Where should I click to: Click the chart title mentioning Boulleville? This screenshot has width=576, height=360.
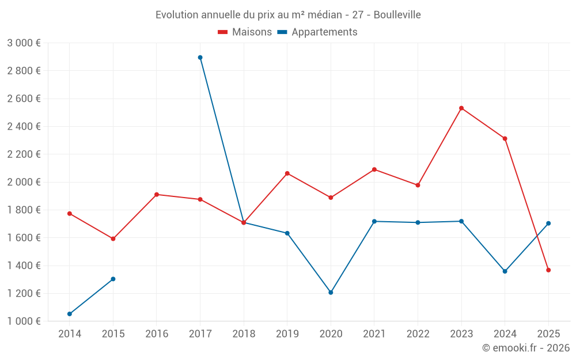pos(288,14)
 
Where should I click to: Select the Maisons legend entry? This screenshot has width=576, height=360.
pos(245,32)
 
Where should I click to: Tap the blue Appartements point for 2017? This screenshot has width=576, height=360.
pos(200,58)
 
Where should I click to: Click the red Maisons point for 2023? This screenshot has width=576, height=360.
pos(461,108)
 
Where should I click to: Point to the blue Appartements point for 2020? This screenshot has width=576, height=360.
pos(331,293)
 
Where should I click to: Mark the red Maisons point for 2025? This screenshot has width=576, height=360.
pos(548,270)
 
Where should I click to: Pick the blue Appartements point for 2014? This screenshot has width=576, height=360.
pos(70,314)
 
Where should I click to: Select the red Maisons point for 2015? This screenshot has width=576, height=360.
pos(113,238)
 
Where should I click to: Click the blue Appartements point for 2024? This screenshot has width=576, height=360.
pos(505,271)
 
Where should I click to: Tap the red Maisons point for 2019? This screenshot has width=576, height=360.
pos(287,173)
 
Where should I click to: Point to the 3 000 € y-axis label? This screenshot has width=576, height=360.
pos(24,43)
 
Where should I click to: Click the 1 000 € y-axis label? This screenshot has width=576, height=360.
pos(24,321)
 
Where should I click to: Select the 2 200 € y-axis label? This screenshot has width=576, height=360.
pos(24,154)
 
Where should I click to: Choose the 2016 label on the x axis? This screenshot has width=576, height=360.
pos(157,334)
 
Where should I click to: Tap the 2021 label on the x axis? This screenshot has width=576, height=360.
pos(374,334)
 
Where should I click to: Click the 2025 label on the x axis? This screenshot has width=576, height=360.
pos(548,334)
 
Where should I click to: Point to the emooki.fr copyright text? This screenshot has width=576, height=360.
pos(526,348)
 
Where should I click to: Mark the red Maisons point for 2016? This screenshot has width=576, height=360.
pos(157,195)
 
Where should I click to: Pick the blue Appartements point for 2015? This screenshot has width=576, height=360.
pos(113,279)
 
